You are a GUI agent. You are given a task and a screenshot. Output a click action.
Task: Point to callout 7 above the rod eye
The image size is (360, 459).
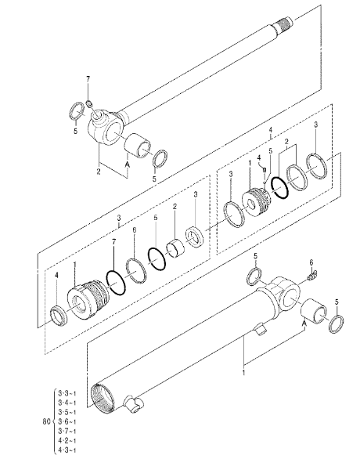(x=88, y=81)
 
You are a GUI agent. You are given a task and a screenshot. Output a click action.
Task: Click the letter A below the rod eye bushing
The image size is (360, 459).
(x=125, y=166)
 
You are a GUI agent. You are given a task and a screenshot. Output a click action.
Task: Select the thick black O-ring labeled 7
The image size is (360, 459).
(x=116, y=280)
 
